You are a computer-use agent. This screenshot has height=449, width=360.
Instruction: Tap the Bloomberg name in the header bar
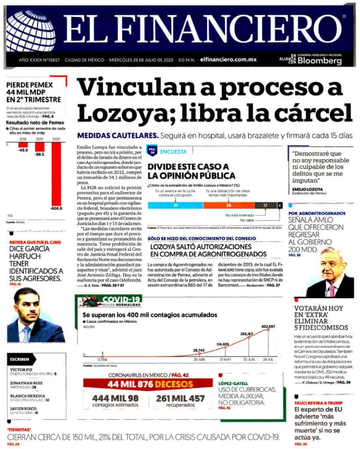pos(320,61)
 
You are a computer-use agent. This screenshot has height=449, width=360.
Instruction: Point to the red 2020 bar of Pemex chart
pos(57,175)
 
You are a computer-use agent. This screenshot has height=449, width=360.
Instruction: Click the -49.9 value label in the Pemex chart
pos(23,150)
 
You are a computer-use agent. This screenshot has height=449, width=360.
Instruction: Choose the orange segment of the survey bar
pos(228,205)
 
